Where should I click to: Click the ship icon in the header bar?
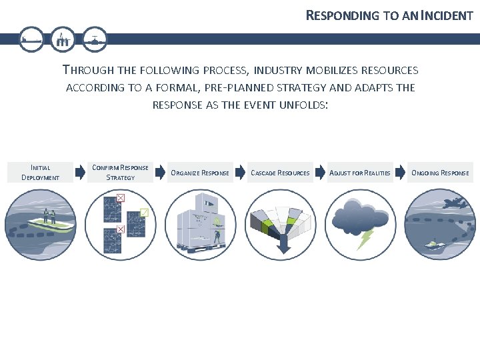(x=31, y=39)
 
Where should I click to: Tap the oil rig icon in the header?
(x=63, y=39)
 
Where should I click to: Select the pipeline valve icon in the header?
(x=95, y=39)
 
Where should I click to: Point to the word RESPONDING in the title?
(x=343, y=15)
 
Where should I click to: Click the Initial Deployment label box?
(x=40, y=173)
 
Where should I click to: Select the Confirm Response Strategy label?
(x=120, y=173)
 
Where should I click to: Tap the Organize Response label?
(x=200, y=173)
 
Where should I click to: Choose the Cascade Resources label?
(x=280, y=173)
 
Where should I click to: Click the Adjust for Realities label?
(x=360, y=173)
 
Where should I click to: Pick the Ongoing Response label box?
(x=440, y=173)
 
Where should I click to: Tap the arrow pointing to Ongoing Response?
(x=399, y=173)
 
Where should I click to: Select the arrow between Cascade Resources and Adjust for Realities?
(x=320, y=173)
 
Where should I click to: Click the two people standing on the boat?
(x=48, y=215)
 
